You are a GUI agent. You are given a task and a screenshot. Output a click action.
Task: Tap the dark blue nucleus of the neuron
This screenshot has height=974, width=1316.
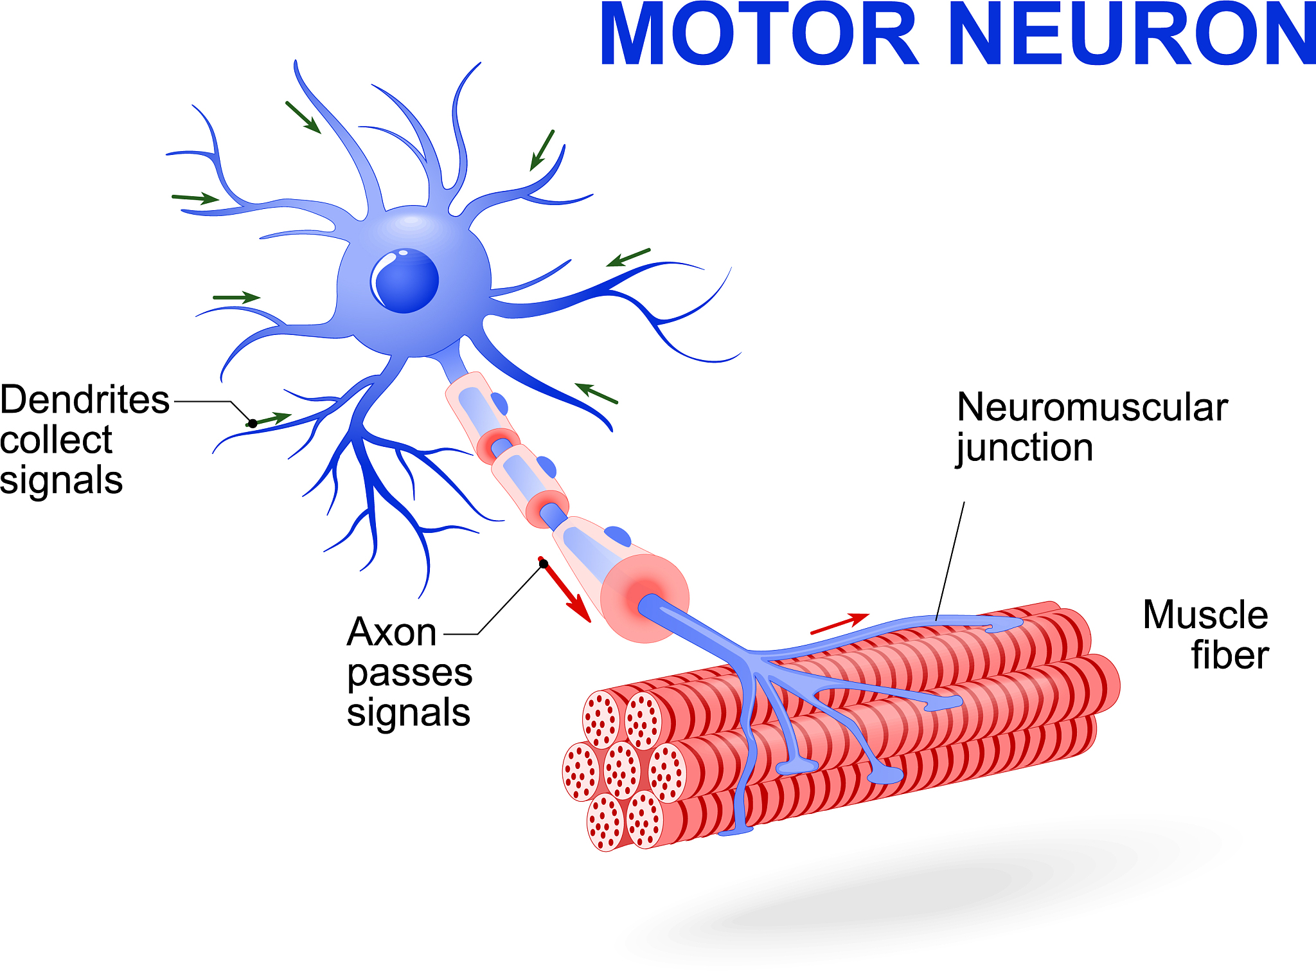click(406, 280)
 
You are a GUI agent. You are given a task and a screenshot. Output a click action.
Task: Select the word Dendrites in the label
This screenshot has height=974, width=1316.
click(85, 400)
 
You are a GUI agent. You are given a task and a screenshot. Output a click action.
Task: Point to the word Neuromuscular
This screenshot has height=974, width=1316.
click(1092, 408)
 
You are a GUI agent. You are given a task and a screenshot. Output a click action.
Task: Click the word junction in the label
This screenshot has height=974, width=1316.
click(1024, 448)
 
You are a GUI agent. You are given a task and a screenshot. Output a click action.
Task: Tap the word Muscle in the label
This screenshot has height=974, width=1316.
click(1205, 615)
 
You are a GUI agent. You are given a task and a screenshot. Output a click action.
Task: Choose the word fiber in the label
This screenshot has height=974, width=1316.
click(1230, 655)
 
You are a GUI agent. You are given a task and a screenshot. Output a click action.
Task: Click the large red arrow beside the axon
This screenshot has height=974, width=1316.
click(565, 590)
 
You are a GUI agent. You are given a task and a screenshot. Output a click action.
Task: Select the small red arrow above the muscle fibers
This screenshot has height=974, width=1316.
click(840, 624)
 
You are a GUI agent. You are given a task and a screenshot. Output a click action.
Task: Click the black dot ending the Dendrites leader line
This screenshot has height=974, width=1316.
click(253, 424)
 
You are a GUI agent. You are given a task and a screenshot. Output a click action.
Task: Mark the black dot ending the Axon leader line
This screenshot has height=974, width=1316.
click(544, 564)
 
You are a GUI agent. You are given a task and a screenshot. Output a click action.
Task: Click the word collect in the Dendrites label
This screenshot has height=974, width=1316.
click(57, 440)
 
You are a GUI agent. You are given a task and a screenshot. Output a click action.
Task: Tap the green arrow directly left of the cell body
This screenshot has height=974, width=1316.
click(236, 297)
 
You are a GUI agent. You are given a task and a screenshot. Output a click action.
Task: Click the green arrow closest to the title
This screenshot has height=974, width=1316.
click(542, 150)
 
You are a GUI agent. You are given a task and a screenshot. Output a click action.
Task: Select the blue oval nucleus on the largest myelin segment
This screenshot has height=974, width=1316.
click(618, 536)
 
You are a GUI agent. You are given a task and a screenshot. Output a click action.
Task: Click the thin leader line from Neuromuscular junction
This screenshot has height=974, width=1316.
click(950, 561)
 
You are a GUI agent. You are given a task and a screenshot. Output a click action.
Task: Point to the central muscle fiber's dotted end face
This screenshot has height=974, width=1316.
click(622, 770)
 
